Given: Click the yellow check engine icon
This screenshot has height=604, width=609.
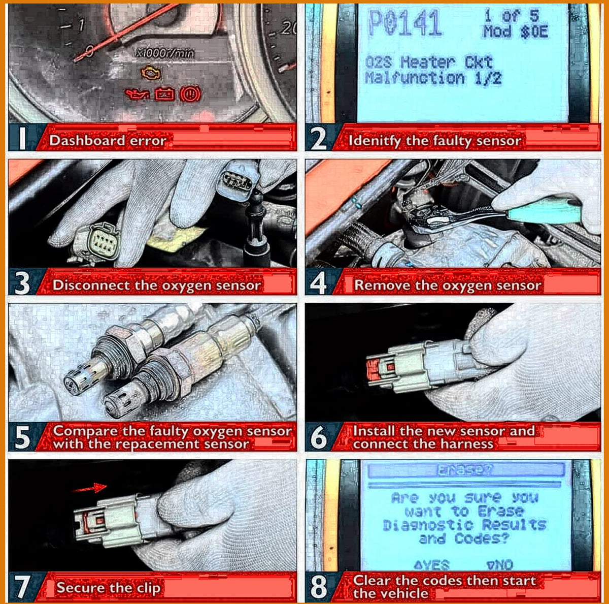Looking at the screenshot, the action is (x=151, y=73).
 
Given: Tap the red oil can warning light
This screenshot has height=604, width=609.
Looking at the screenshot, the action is (x=138, y=94).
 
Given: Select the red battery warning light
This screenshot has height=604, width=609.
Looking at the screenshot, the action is (x=164, y=94).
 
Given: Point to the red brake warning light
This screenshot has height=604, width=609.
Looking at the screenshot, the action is (x=190, y=94).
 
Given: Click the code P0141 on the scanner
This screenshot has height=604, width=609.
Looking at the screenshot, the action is (x=405, y=23).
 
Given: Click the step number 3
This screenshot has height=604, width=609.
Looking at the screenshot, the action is (x=22, y=283).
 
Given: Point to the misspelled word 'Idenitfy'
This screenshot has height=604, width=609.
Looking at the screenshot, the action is (x=375, y=141).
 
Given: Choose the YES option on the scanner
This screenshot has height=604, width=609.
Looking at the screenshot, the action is (x=432, y=565).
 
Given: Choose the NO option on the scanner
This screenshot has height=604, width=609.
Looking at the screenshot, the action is (x=500, y=565).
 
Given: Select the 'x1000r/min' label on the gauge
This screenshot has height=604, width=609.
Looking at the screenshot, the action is (x=165, y=53).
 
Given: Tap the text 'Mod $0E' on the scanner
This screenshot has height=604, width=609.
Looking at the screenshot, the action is (x=516, y=32).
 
